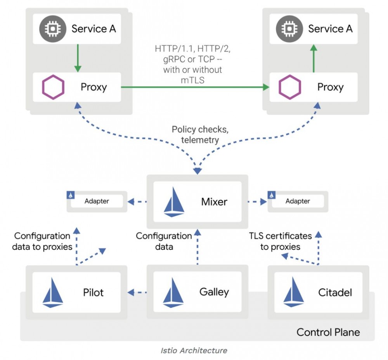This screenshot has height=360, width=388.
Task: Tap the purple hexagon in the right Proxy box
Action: click(289, 87)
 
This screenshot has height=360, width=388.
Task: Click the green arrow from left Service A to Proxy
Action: click(78, 57)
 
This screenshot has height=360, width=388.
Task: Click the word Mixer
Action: click(214, 202)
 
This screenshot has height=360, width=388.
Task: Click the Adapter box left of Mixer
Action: click(97, 201)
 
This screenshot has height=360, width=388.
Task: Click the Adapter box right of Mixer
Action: click(298, 201)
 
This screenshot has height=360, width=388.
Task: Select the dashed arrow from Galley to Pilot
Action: click(138, 292)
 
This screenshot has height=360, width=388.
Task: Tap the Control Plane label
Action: click(328, 332)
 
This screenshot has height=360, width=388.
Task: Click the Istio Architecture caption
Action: click(194, 350)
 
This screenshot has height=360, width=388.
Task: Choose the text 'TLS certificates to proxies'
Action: click(280, 241)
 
